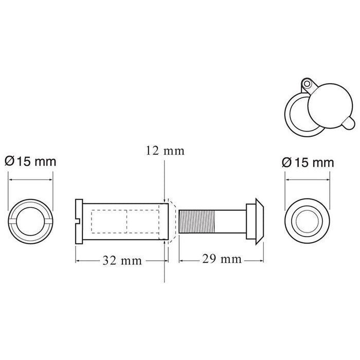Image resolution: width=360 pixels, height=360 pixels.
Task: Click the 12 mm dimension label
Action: [164, 151]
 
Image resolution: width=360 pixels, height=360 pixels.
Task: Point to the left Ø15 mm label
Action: [30, 161]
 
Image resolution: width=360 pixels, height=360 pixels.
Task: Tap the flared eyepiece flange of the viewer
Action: [258, 221]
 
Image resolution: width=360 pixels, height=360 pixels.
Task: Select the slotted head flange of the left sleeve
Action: [80, 222]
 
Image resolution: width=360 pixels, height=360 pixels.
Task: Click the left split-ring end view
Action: [30, 222]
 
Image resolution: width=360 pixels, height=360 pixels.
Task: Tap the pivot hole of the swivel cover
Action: [307, 82]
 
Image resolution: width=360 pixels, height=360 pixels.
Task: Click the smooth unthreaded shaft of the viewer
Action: [232, 221]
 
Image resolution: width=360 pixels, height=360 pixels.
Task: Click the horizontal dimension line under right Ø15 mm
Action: [307, 179]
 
